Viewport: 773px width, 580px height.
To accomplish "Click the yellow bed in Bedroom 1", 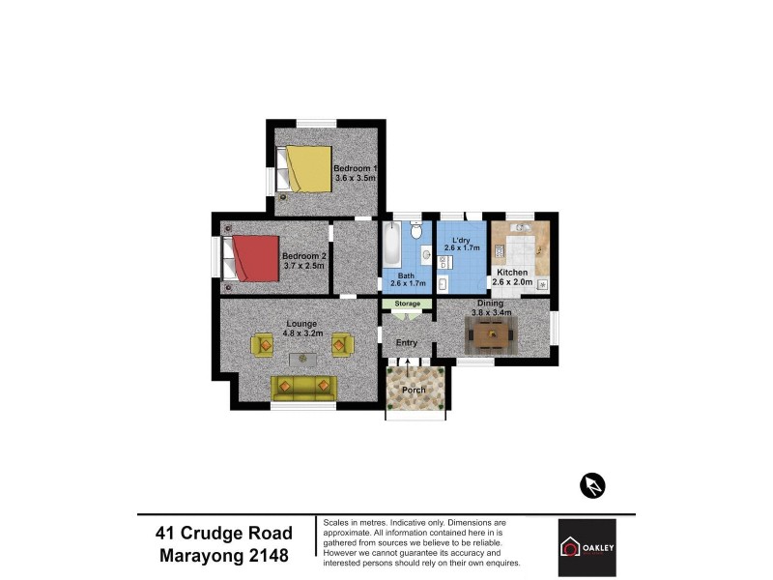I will point(306,168).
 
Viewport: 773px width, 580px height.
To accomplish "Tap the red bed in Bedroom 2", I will point(254,259).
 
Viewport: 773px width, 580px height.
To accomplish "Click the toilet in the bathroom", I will point(415,230).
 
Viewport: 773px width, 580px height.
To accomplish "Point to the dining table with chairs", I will point(492,335).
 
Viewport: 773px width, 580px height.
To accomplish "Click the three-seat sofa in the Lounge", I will point(301,388).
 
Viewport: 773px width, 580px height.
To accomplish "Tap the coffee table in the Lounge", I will point(302,359).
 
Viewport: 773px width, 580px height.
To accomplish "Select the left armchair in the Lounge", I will point(263,343).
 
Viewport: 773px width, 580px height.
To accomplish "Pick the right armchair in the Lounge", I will point(341,343).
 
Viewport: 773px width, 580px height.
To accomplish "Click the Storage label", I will point(407,304).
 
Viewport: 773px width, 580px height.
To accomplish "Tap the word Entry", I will point(407,341).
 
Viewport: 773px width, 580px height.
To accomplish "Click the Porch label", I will point(415,390).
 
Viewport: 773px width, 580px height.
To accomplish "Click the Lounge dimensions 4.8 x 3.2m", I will point(301,333).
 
